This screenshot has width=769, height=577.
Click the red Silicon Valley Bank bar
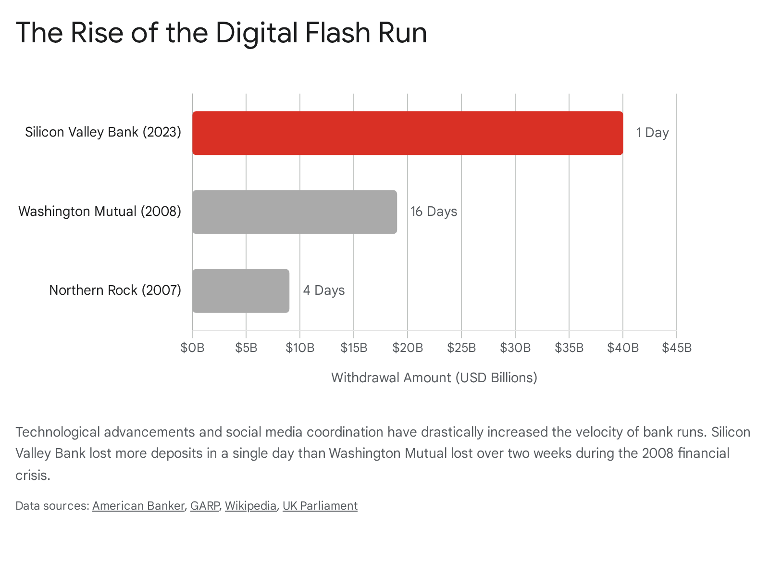point(408,133)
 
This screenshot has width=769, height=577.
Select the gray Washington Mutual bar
point(295,212)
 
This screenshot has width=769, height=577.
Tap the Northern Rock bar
point(241,291)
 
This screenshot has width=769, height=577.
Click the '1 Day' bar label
point(652,132)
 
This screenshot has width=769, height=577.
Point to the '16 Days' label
point(434,212)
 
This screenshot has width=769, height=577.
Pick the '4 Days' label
point(324,290)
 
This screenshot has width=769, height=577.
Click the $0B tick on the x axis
point(192,348)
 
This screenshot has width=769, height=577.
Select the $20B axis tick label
point(408,348)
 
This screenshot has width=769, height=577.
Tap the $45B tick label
point(677,348)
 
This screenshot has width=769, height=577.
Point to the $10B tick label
point(300,348)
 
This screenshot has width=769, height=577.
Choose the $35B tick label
point(569,348)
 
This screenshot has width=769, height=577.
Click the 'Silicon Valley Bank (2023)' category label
point(103,132)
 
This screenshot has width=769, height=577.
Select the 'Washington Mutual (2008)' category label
point(100,212)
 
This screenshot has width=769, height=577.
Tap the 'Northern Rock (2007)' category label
point(115,290)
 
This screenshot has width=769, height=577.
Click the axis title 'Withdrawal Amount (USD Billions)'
point(434,377)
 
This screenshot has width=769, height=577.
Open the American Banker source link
point(138,506)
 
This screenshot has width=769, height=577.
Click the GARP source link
point(205,506)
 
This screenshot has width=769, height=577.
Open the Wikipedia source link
point(250,506)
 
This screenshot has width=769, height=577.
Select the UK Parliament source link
point(320,506)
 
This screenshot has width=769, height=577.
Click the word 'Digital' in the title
point(257,33)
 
